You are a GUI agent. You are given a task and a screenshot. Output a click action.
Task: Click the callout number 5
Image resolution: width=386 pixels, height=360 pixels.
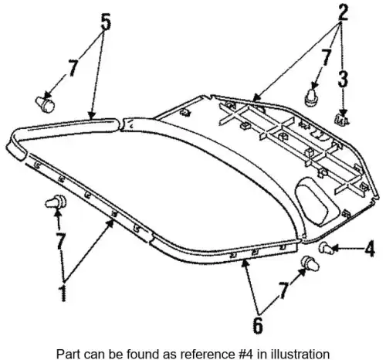click(x=106, y=22)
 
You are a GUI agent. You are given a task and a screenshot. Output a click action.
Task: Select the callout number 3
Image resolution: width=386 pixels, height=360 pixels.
click(x=343, y=79)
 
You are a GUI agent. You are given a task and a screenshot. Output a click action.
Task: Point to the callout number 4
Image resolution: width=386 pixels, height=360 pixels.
click(x=370, y=249)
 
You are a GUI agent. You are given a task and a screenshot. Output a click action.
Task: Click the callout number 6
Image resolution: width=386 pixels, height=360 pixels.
click(x=258, y=325)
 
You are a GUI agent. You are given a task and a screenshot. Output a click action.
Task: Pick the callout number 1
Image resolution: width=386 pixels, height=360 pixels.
click(x=63, y=293)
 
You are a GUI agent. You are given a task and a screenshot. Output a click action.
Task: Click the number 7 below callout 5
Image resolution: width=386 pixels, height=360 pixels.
click(x=73, y=68)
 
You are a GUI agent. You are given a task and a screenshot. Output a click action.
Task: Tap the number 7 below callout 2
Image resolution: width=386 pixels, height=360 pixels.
click(x=326, y=58)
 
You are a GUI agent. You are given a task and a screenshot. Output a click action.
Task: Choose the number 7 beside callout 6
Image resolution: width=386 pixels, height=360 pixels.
click(x=283, y=290)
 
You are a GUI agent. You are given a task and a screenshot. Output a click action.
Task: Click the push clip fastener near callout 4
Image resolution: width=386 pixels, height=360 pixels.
click(x=326, y=248)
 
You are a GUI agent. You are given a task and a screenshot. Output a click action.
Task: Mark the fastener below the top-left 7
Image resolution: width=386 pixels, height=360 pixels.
click(x=46, y=104)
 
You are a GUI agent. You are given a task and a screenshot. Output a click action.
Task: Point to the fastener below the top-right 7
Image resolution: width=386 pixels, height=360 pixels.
click(x=312, y=97)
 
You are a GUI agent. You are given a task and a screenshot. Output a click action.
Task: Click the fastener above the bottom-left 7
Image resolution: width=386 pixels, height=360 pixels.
click(x=56, y=202)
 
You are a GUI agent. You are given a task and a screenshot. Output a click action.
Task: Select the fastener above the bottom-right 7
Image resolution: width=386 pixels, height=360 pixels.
click(x=310, y=263)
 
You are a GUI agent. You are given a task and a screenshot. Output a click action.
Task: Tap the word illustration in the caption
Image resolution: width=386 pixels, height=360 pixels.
click(x=303, y=353)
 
